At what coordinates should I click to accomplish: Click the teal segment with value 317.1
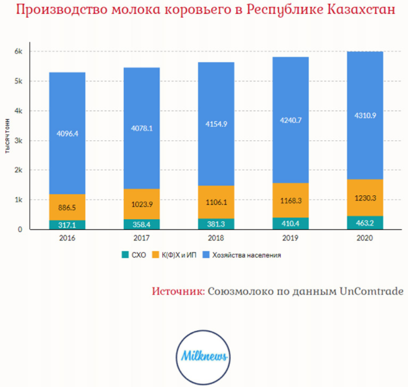tap(67, 225)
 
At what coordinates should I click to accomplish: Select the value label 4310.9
tap(365, 133)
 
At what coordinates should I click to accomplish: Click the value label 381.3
tap(216, 224)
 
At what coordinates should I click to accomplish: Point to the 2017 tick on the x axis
tap(141, 239)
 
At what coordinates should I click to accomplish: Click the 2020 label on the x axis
tap(365, 239)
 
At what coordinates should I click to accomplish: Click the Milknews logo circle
tap(203, 356)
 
